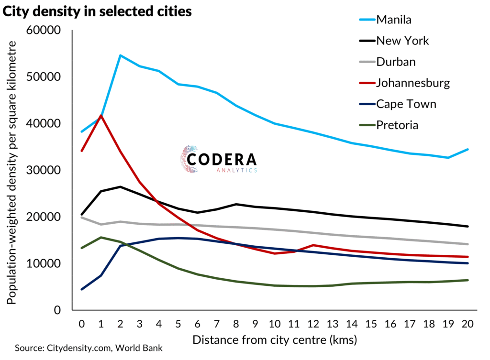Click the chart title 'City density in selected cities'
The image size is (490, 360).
98,12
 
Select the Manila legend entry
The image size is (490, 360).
394,20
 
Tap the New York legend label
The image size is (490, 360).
402,41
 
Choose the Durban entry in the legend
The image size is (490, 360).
396,62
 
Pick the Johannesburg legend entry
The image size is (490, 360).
413,83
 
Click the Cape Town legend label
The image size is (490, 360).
406,104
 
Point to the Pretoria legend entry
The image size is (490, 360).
397,125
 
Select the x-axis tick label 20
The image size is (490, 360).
468,324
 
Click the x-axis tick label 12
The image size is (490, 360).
313,324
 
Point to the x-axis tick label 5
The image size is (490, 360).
178,324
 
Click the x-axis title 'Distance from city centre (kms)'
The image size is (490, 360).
274,340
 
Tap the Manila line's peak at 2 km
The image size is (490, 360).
120,55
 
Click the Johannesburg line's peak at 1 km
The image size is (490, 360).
101,115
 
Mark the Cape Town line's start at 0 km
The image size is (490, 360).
82,289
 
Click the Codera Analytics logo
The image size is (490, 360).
219,159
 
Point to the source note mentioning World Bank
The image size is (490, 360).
89,348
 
